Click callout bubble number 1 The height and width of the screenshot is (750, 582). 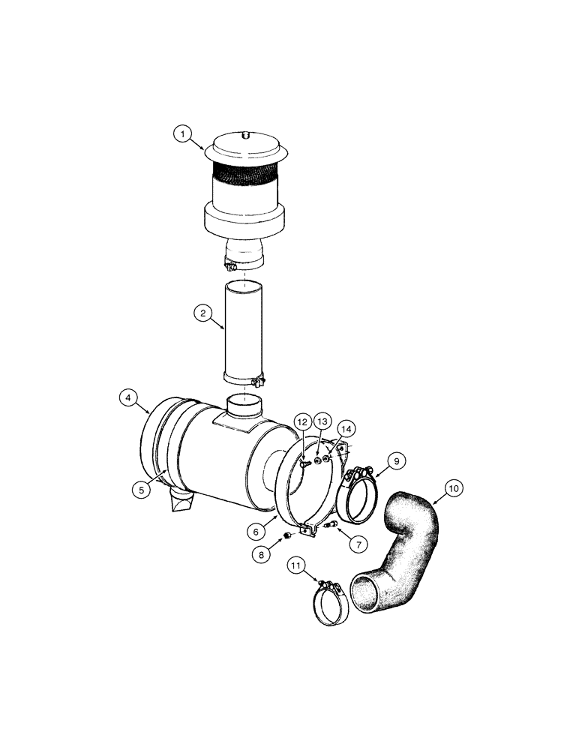tap(181, 134)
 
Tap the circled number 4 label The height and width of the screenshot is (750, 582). tap(129, 398)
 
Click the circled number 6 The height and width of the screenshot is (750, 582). tap(256, 530)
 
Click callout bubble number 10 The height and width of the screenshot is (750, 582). tap(453, 488)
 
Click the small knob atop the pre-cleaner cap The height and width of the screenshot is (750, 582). tap(244, 135)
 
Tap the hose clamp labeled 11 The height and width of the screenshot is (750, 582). tap(331, 604)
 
